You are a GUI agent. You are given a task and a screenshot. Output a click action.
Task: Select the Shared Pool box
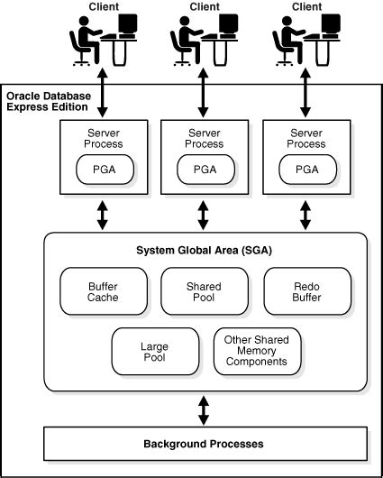click(204, 292)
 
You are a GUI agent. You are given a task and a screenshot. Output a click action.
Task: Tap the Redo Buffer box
click(305, 292)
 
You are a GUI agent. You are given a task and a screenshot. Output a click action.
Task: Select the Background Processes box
click(204, 444)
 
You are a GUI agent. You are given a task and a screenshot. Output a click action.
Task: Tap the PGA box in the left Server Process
click(102, 168)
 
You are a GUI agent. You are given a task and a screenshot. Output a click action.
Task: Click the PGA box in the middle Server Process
click(204, 168)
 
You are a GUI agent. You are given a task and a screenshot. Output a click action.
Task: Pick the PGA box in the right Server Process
click(305, 168)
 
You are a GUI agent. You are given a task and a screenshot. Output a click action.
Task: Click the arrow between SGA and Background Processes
click(204, 409)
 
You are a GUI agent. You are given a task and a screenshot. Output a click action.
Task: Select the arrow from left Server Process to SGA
click(102, 215)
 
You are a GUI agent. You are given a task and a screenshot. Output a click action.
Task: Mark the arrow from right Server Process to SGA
click(305, 215)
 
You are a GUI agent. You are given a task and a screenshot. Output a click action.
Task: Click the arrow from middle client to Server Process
click(204, 93)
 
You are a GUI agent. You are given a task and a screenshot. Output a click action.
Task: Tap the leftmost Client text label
click(103, 7)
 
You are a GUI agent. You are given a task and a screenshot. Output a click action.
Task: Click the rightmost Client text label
click(306, 7)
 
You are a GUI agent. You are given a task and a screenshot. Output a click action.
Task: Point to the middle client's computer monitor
click(231, 28)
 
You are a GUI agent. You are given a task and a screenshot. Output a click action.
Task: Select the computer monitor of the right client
click(333, 28)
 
